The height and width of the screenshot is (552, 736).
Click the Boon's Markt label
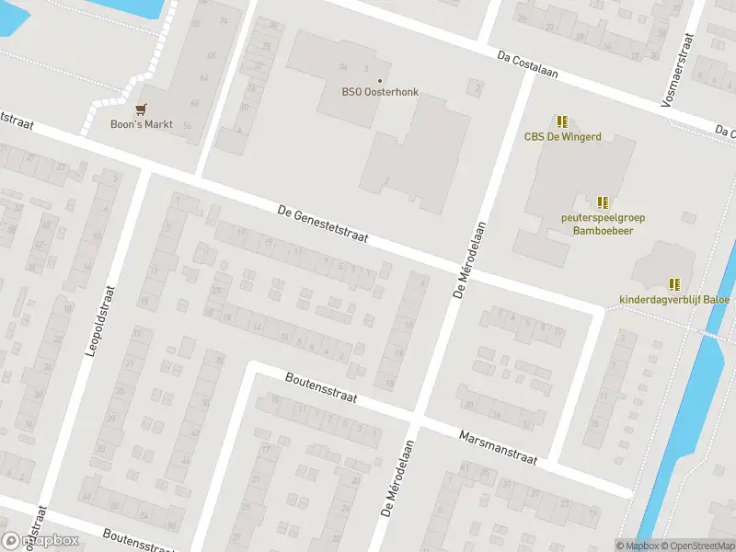(x=142, y=124)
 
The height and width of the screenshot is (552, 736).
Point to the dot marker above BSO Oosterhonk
(x=379, y=79)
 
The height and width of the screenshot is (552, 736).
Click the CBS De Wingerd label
(x=562, y=137)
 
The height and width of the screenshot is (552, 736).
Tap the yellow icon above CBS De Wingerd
(x=562, y=121)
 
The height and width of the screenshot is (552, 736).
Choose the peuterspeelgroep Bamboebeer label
(x=603, y=225)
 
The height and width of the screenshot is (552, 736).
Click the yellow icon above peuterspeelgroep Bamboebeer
(x=603, y=202)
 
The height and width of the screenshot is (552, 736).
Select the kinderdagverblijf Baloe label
(x=674, y=299)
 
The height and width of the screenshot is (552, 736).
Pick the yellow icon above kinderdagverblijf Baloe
(x=674, y=284)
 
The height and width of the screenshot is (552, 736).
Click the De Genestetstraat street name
(x=323, y=224)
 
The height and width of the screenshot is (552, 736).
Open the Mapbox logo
(x=40, y=541)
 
